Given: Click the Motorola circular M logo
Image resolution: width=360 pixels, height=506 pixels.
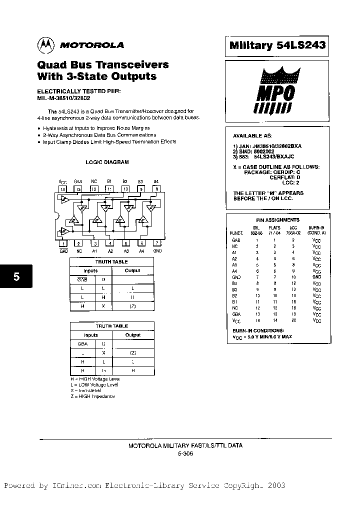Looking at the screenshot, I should pyautogui.click(x=45, y=44).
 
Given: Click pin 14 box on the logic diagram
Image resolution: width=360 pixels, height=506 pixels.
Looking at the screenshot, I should pyautogui.click(x=63, y=189).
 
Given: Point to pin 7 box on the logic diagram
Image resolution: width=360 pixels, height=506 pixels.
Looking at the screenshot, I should pyautogui.click(x=157, y=243).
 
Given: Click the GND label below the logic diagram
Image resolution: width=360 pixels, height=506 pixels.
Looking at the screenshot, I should pyautogui.click(x=157, y=251).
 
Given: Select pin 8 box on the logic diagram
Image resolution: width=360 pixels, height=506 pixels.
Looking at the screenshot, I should pyautogui.click(x=156, y=189).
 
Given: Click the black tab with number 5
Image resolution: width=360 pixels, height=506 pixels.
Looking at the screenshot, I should pyautogui.click(x=16, y=276).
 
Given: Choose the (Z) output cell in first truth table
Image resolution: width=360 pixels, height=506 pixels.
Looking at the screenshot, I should pyautogui.click(x=132, y=306).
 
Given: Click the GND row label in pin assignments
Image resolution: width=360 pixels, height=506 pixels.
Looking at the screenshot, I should pyautogui.click(x=236, y=277).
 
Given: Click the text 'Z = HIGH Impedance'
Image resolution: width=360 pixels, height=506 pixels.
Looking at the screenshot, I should pyautogui.click(x=92, y=396).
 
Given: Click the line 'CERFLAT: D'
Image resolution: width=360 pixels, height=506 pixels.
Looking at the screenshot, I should pyautogui.click(x=285, y=177).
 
